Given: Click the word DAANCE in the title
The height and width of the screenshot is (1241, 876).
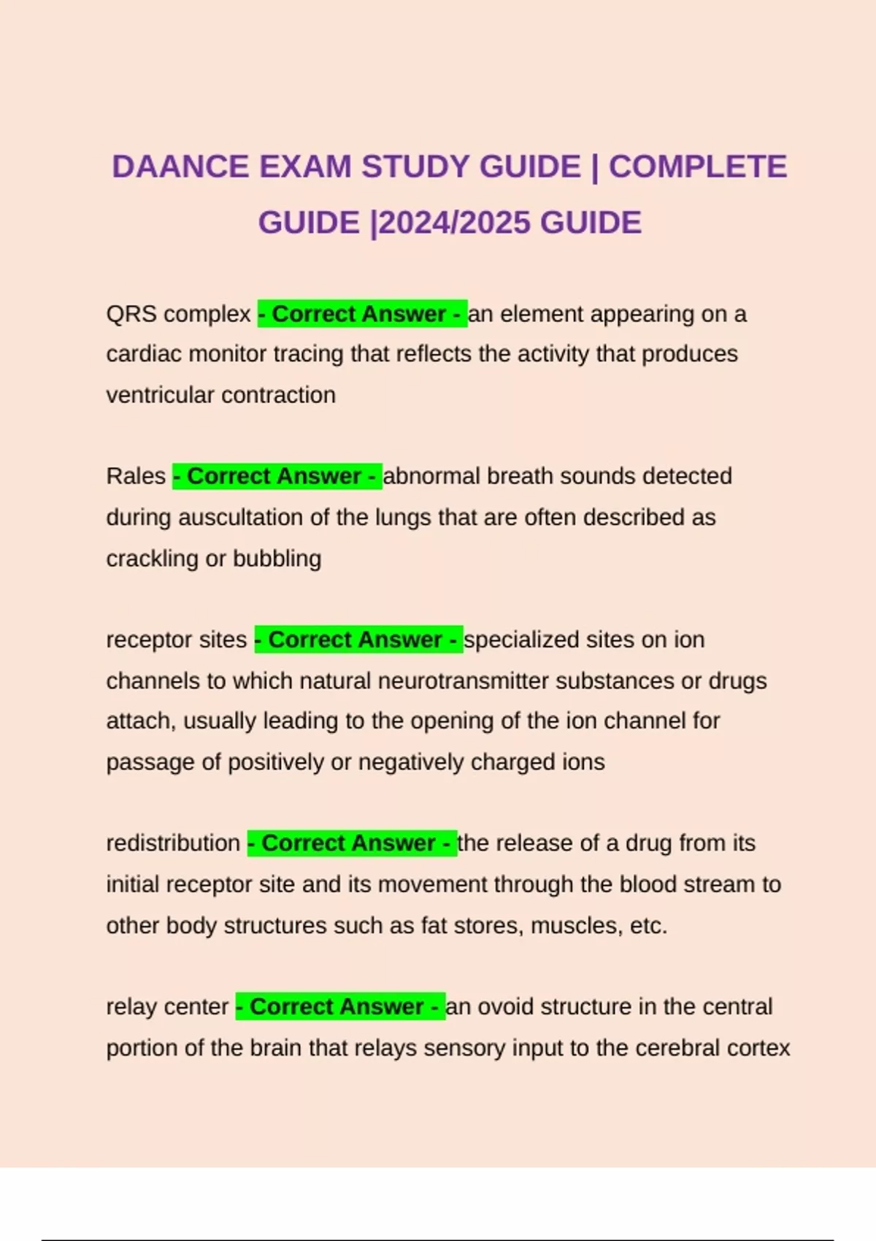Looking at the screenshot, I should (180, 167).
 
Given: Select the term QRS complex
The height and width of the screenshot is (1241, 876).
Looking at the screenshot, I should (178, 315).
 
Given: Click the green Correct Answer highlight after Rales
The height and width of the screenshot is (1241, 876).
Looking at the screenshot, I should (277, 477).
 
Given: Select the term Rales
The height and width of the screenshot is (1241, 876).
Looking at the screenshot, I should (136, 477).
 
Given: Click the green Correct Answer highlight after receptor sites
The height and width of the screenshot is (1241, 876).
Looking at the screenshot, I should (358, 640).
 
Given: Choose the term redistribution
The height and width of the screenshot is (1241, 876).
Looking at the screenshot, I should (173, 843).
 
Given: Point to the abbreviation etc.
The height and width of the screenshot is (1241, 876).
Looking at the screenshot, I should (648, 926).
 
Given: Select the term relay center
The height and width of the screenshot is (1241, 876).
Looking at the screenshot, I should (167, 1007).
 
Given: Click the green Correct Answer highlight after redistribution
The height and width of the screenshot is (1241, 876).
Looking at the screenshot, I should (352, 843).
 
